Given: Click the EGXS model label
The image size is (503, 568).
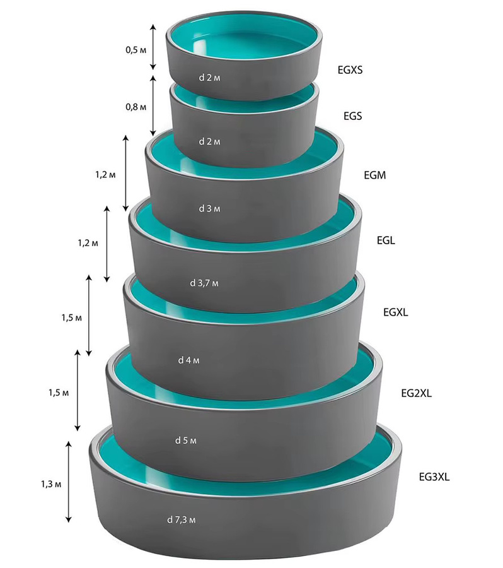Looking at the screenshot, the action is pos(350,70).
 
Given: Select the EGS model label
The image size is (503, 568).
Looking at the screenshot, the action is pos(353,116).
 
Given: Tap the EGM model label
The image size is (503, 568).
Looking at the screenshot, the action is pos(375,175).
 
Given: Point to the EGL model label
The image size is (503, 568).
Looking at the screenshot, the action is pos(386,240).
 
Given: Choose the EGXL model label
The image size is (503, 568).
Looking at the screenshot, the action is pos(395,312).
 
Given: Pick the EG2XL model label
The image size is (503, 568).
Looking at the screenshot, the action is pos(417,393).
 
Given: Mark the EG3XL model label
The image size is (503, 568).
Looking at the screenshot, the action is pos(434,477).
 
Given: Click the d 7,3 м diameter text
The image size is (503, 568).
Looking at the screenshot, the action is pos(182,520).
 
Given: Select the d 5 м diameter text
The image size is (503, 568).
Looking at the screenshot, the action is pos(186,441).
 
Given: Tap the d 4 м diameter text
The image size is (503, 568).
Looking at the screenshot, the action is pos(189,360).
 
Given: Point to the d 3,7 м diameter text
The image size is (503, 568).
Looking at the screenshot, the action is pos(204,283).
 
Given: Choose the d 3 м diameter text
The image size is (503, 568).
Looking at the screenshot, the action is pos(209,209).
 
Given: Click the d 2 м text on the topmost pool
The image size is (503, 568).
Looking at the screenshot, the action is pos(209,78).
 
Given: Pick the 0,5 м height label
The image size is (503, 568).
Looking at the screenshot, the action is pos(136,50).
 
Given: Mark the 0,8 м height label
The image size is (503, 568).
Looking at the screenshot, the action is pos(136,107).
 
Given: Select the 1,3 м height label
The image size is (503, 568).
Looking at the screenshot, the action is pos(51,484).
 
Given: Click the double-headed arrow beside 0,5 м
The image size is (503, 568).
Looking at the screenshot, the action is pos(153,47).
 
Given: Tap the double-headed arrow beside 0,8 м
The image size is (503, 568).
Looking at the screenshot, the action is pos(153,106).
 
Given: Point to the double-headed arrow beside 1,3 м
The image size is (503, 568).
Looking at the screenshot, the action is pos(69,482).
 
